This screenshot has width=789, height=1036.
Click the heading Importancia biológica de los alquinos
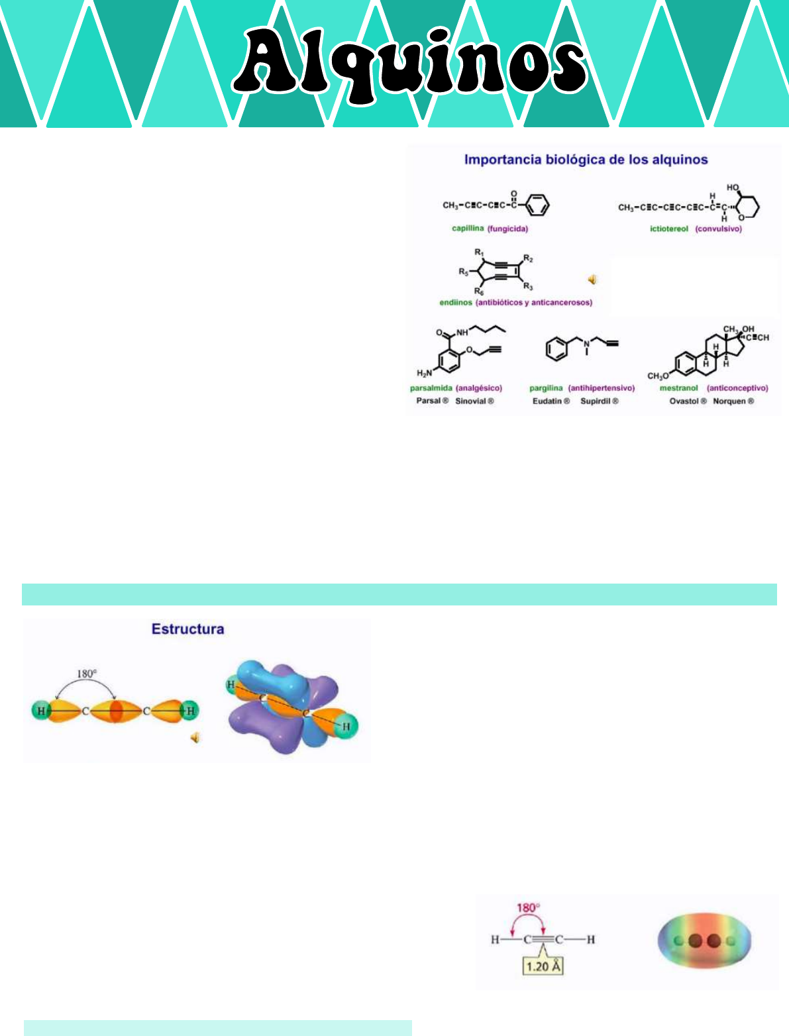(586, 160)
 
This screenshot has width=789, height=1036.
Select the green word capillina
(468, 229)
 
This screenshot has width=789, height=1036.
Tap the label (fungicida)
(507, 229)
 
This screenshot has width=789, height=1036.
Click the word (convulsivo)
(719, 229)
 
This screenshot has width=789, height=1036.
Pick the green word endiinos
(456, 302)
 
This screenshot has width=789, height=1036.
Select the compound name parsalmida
(431, 388)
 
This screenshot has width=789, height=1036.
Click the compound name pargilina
(546, 388)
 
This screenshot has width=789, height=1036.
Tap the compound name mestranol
(678, 388)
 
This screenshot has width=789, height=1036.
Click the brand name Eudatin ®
(551, 401)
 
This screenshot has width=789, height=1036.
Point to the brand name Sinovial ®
(474, 401)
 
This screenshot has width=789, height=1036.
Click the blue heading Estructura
(187, 629)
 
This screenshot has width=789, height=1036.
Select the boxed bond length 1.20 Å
(543, 966)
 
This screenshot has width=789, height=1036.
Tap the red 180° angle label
(527, 907)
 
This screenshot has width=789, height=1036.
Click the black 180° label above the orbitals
(87, 674)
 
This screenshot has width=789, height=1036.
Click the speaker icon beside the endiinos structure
(592, 280)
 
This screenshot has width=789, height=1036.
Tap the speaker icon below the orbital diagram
(195, 737)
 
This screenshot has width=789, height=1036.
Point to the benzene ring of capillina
(537, 205)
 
